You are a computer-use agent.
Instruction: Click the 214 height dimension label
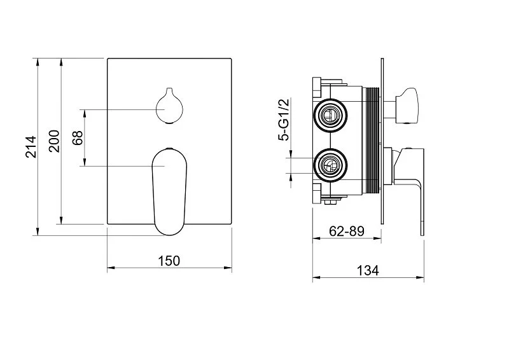click(31, 147)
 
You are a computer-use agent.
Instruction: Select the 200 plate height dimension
click(54, 141)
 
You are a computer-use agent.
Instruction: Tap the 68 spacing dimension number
click(78, 137)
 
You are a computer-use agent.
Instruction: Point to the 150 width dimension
click(169, 261)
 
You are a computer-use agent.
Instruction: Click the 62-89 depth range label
click(347, 231)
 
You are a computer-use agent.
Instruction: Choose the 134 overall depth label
click(368, 270)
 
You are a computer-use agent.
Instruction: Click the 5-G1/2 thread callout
click(283, 120)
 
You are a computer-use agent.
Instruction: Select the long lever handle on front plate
click(169, 191)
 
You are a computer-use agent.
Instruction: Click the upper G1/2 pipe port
click(330, 115)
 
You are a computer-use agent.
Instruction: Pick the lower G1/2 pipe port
click(330, 165)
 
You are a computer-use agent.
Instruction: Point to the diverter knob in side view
click(407, 106)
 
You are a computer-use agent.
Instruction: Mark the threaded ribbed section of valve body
click(373, 141)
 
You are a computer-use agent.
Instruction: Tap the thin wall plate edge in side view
click(382, 141)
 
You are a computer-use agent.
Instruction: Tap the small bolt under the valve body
click(331, 202)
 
